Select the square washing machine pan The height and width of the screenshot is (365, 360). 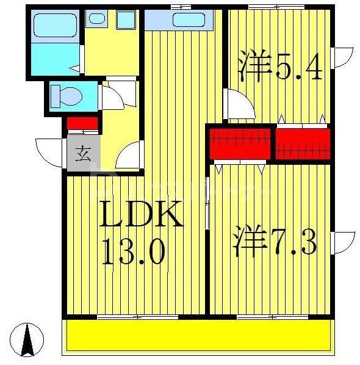126,20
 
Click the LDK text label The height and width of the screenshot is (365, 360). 141,215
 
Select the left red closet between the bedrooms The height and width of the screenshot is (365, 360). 239,142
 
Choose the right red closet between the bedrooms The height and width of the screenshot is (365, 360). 302,142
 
